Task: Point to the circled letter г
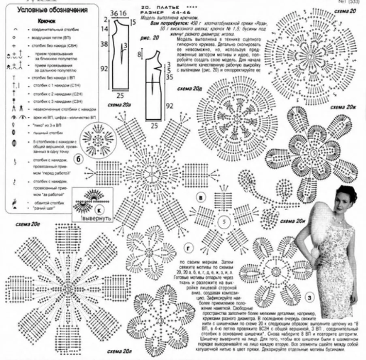[188, 248]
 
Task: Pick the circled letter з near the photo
[310, 299]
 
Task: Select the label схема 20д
[189, 88]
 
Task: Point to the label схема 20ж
[342, 107]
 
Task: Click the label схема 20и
[293, 221]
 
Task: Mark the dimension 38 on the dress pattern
[105, 44]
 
